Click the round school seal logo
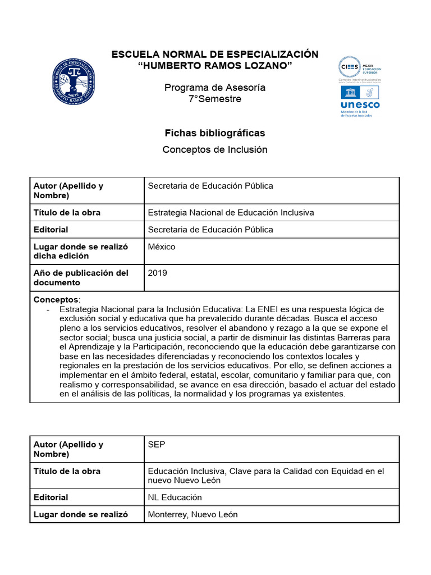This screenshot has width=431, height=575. tap(74, 82)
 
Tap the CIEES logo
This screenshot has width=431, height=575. tap(359, 69)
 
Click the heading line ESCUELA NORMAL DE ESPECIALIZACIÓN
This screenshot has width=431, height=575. tap(215, 54)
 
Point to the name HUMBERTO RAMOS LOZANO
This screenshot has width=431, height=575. tap(215, 66)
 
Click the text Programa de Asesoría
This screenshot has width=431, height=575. tap(215, 88)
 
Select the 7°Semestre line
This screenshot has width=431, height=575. tap(215, 99)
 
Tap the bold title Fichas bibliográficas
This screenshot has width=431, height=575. tap(215, 133)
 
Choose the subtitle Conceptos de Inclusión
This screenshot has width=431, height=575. tap(215, 149)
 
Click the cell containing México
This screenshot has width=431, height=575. tap(162, 247)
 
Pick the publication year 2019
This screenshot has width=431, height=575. tap(157, 273)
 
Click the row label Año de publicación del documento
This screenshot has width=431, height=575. tap(81, 277)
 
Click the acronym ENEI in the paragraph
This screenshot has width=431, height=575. tap(267, 309)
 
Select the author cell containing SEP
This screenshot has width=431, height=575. tap(157, 444)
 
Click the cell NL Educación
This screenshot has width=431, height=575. tap(175, 497)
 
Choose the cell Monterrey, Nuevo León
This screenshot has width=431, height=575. tap(192, 514)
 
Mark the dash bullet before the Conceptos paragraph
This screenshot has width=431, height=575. tap(48, 309)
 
